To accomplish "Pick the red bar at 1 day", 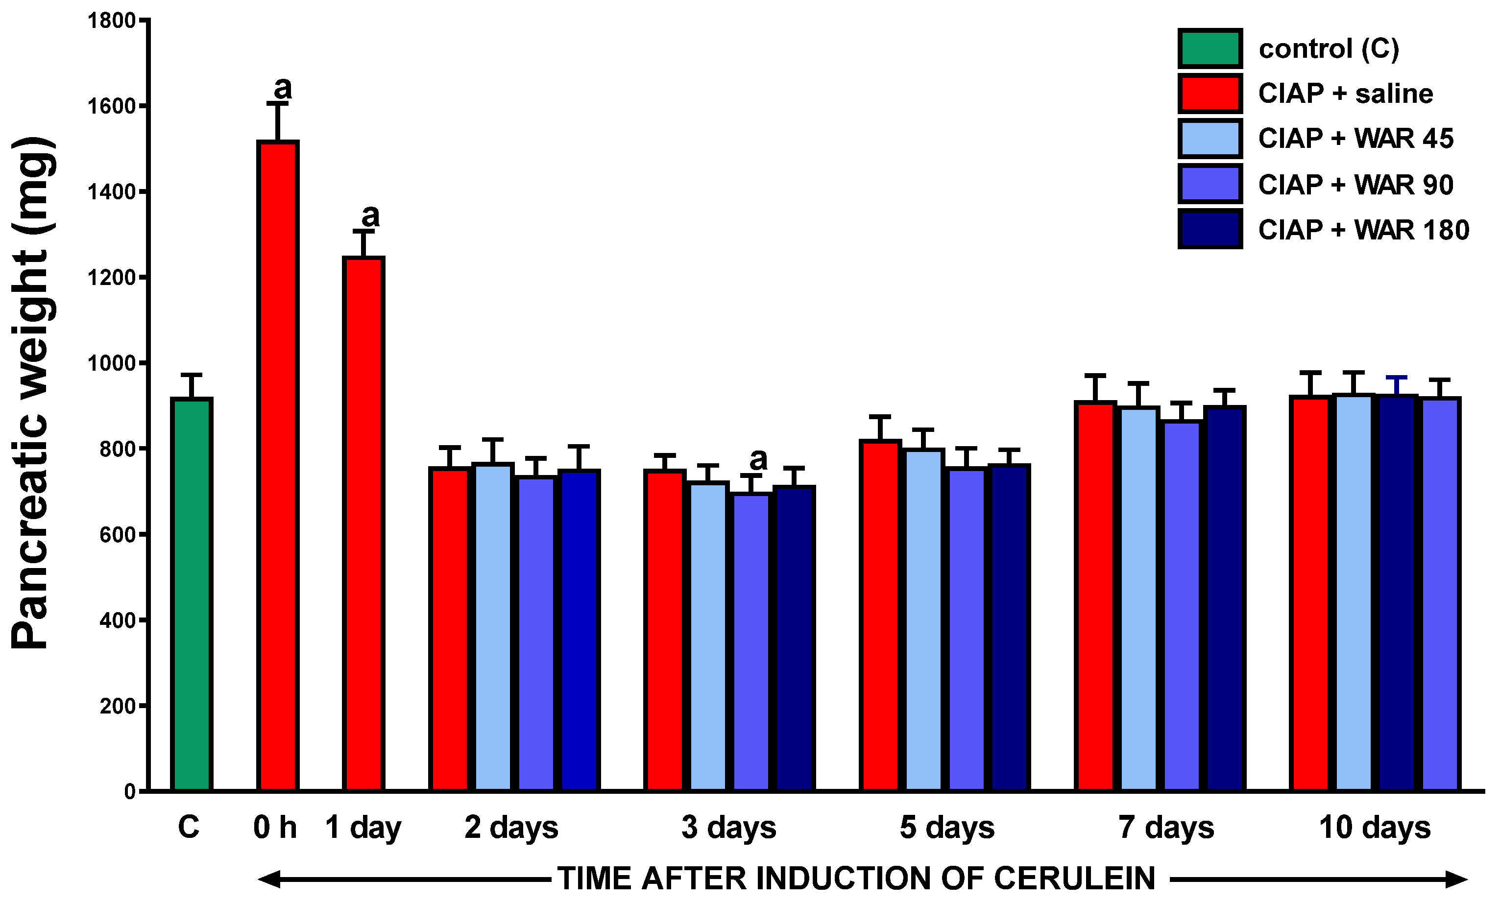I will (363, 523).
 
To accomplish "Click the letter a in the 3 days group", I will (758, 460).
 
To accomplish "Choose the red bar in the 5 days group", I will (880, 615).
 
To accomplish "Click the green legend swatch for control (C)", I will (1210, 48).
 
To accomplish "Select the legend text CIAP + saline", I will (1345, 94).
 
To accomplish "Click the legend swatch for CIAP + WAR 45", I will (1210, 139).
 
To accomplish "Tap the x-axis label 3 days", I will (728, 828).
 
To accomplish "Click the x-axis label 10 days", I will (1374, 828).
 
